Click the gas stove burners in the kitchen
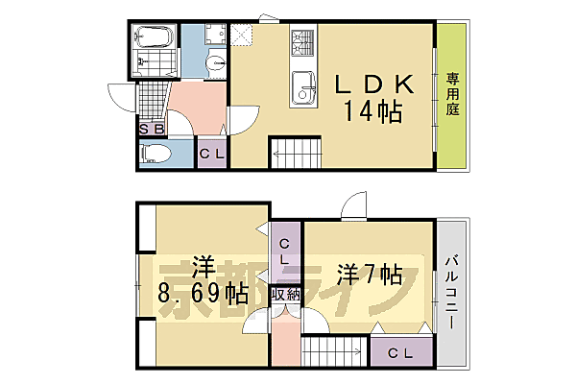[303, 42]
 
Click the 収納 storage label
[285, 295]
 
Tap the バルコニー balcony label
[451, 294]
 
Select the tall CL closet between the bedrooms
[285, 252]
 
